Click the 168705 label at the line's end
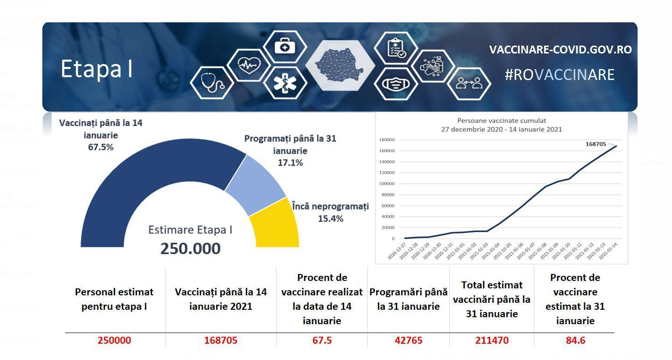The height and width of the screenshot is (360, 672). click(596, 144)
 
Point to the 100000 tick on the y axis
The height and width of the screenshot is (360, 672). click(387, 184)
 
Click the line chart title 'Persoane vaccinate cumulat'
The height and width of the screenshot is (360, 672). click(501, 121)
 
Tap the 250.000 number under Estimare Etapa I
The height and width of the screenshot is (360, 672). click(190, 248)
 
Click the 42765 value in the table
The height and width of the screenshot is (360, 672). click(408, 340)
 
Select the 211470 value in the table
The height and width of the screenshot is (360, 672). click(492, 340)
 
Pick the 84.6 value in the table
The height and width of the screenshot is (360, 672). click(575, 340)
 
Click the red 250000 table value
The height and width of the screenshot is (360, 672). click(114, 340)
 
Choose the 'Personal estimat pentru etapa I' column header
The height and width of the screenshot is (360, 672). click(114, 299)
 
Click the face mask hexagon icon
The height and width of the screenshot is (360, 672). click(395, 84)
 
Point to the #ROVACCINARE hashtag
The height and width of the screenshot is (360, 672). click(559, 75)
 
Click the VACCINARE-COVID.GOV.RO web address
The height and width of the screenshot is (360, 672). click(560, 50)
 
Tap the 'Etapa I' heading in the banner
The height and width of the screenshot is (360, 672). click(97, 69)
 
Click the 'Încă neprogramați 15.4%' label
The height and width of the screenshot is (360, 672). click(330, 212)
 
